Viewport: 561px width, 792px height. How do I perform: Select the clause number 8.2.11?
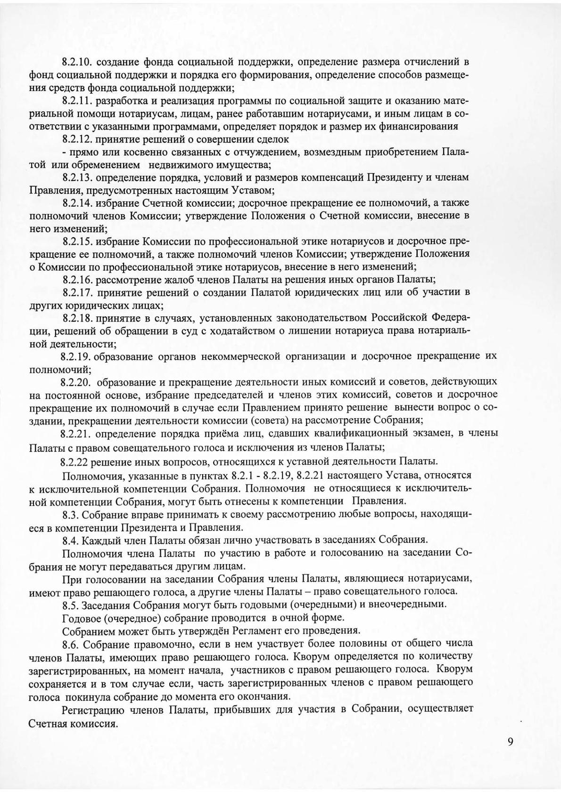(x=78, y=101)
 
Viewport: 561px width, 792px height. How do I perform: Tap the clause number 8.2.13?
(x=78, y=178)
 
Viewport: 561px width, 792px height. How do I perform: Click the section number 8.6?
(x=70, y=643)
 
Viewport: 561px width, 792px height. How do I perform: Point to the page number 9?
(x=511, y=742)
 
